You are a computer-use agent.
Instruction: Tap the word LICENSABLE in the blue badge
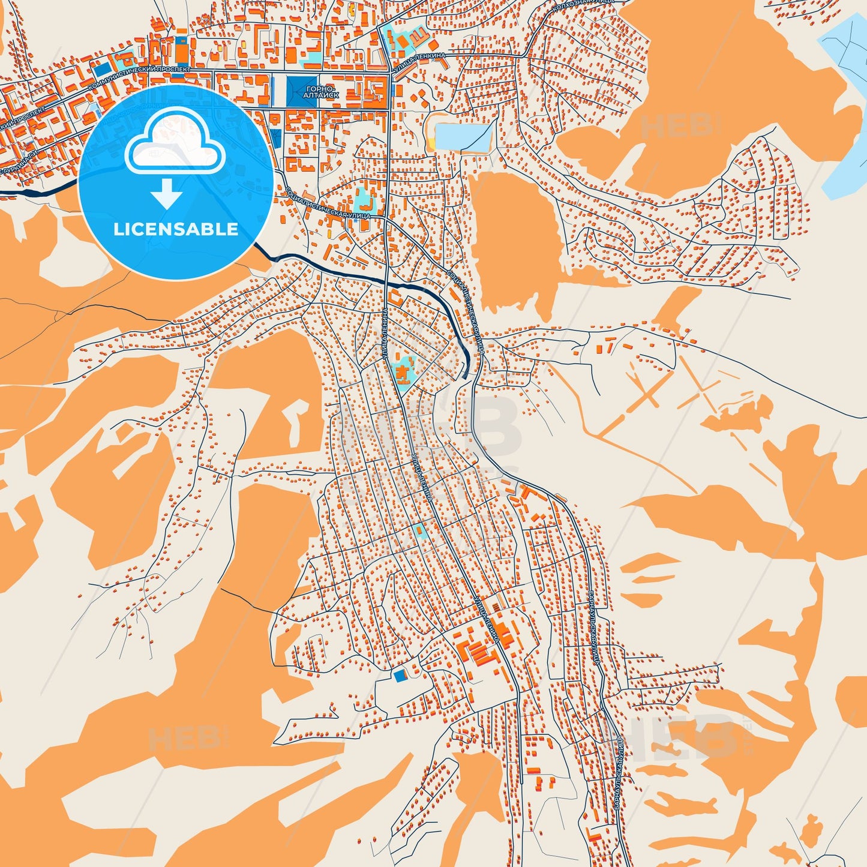tap(176, 229)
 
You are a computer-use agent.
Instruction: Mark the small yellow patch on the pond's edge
tap(431, 144)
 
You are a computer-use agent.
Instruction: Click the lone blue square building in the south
tap(400, 676)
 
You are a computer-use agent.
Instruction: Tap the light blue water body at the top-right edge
tap(846, 108)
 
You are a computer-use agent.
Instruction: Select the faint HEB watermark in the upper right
tap(678, 127)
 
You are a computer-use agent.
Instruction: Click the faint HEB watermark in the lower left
tap(187, 738)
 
